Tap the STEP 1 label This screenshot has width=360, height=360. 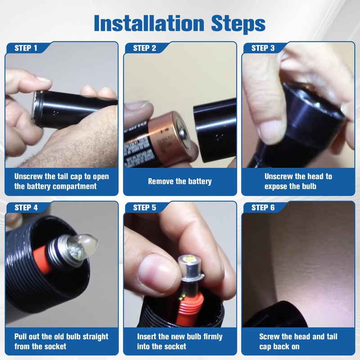tap(26, 48)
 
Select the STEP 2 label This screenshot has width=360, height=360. tap(144, 48)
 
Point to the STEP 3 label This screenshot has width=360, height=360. tap(263, 48)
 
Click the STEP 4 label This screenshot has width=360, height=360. tap(26, 207)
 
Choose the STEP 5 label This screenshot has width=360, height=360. tap(144, 207)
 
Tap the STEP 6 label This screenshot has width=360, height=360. tap(263, 207)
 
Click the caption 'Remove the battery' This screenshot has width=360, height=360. tap(180, 181)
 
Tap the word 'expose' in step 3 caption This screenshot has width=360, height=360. tap(276, 186)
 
